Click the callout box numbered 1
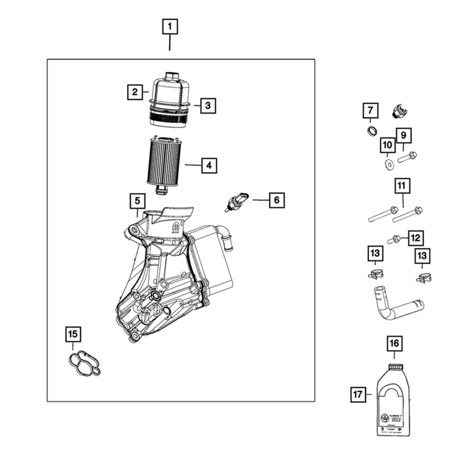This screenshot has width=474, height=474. point(169,27)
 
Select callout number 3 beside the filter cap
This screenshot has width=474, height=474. point(207,106)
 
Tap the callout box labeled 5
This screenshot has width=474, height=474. point(137,201)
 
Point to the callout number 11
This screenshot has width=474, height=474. point(401,186)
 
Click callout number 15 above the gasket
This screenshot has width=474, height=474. point(72,335)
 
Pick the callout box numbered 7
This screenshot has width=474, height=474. point(370,110)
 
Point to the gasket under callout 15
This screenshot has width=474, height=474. point(84,363)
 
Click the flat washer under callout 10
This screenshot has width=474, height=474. point(388,162)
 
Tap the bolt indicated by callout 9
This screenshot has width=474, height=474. point(407,158)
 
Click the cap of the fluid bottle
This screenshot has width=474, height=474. point(395,367)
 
